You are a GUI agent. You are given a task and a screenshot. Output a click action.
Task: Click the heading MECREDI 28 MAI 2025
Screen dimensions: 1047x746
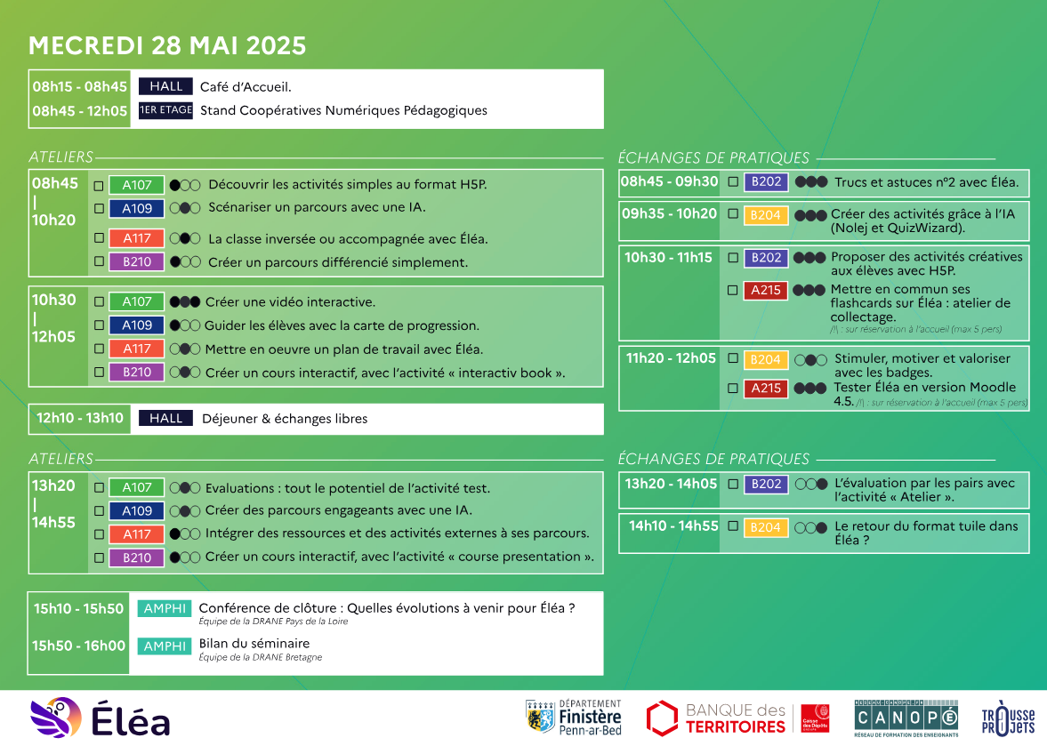167,45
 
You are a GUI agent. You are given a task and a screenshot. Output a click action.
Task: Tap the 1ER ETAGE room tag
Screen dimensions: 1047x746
165,110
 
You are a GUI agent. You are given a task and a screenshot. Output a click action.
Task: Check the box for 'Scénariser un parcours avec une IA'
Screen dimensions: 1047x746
99,208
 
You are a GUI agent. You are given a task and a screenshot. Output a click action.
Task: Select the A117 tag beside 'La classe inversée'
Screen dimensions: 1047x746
137,238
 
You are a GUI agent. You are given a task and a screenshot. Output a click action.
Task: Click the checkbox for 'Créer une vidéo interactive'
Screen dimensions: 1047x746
99,301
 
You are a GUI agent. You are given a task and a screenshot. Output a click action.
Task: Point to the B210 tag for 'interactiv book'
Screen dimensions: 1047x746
137,373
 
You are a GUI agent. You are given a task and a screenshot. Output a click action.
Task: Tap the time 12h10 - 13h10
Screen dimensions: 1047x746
80,419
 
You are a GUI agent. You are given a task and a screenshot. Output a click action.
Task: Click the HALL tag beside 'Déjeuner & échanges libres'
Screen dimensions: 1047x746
165,419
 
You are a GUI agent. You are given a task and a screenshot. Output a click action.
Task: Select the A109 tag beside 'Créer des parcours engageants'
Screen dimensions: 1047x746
137,511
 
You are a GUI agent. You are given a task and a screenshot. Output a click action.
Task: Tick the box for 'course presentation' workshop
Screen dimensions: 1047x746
99,557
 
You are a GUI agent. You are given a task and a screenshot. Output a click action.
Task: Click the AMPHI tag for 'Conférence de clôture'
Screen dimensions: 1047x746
165,608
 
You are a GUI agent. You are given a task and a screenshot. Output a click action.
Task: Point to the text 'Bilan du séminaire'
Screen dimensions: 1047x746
254,643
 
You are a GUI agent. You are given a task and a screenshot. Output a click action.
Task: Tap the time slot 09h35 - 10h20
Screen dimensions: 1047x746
669,214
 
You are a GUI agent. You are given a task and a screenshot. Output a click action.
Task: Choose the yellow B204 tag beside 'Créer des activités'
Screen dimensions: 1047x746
765,215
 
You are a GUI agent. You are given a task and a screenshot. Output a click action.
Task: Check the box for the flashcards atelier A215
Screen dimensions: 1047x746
732,290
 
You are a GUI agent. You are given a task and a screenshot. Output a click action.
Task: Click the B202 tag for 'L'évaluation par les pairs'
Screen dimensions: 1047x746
766,485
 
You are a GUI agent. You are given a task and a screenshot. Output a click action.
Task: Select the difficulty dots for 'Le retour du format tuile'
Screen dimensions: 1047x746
810,528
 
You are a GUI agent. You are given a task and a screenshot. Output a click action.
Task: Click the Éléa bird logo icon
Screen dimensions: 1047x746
56,718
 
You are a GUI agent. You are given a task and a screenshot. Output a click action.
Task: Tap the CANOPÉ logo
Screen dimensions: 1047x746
906,718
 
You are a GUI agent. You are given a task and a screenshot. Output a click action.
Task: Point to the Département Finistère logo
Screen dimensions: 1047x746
574,718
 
